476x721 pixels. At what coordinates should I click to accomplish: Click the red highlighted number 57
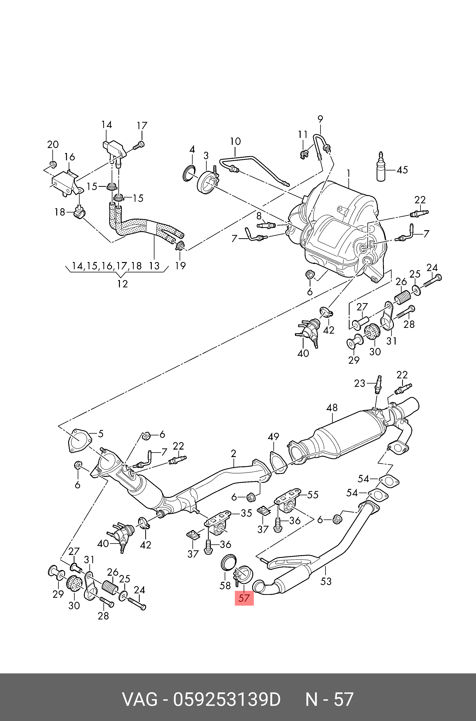pos(244,599)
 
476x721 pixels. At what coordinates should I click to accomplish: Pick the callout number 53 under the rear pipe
pos(326,581)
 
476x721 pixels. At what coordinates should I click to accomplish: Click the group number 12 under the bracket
pos(122,284)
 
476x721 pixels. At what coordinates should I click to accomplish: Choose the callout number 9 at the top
pos(320,119)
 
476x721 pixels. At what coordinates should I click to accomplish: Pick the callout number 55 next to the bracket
pos(313,495)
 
